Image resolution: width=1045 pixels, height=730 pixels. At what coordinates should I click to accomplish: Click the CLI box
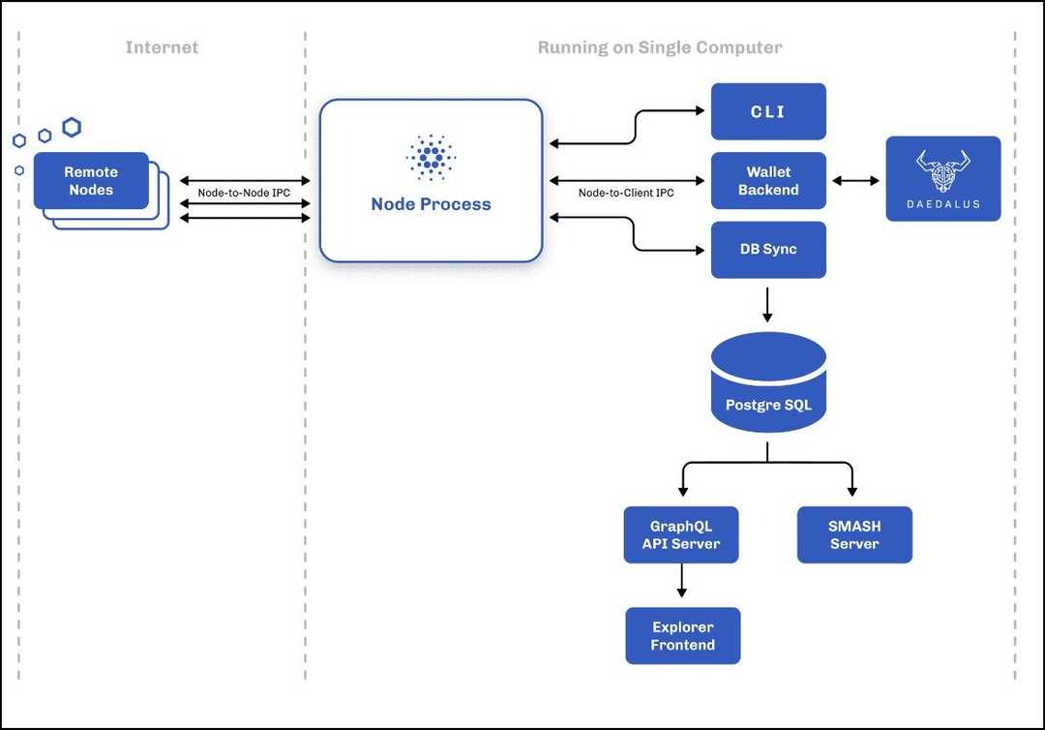click(768, 111)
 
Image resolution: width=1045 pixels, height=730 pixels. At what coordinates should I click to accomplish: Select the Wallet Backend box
click(768, 181)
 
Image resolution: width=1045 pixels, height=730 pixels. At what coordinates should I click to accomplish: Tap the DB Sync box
click(768, 249)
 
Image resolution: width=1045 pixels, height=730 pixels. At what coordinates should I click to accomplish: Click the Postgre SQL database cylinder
click(768, 387)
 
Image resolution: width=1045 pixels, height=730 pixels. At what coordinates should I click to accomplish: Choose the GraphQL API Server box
click(681, 534)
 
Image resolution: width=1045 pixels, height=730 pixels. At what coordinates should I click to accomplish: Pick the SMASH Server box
click(854, 534)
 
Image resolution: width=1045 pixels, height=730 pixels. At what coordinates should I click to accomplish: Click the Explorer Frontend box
click(682, 636)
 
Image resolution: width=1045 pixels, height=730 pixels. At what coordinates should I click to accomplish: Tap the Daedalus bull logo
click(943, 170)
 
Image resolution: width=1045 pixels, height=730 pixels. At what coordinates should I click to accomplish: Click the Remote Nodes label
click(91, 181)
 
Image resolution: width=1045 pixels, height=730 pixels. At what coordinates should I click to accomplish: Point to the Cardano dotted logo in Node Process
click(431, 157)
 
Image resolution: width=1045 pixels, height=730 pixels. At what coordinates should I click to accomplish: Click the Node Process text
click(431, 204)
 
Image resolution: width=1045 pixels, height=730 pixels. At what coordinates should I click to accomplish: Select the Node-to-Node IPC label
click(244, 193)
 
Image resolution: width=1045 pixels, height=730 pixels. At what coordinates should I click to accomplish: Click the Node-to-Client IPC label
click(626, 193)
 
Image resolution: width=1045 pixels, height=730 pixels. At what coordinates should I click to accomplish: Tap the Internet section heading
click(161, 47)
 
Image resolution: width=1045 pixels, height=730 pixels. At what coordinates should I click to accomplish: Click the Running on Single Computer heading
click(660, 47)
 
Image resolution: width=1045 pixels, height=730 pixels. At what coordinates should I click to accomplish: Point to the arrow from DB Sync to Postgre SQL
click(767, 304)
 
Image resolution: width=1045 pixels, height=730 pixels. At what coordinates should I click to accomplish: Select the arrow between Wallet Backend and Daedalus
click(855, 181)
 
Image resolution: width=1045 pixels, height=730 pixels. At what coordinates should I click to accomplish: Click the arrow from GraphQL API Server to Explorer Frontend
click(682, 580)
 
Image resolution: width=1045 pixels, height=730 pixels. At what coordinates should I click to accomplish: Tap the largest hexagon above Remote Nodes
click(72, 127)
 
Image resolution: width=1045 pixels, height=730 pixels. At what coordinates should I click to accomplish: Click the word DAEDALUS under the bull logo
click(943, 204)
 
